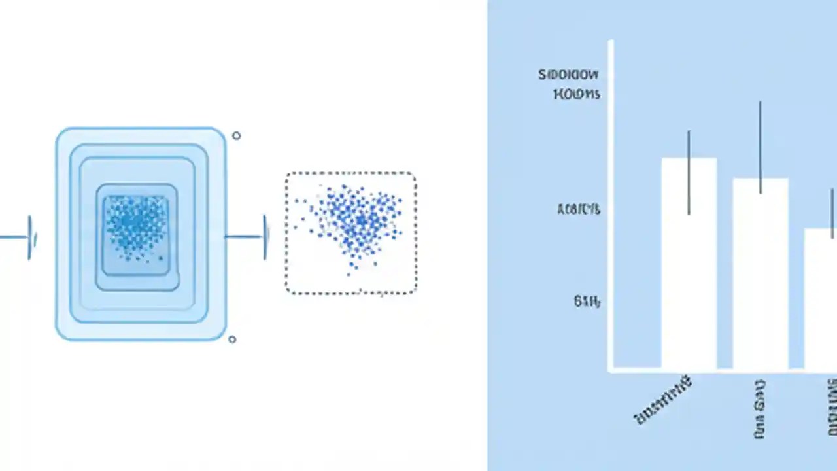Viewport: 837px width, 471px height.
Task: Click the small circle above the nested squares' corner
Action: (x=236, y=135)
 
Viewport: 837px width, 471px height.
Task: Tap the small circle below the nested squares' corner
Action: (x=231, y=339)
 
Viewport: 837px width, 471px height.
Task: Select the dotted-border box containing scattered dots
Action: (x=351, y=234)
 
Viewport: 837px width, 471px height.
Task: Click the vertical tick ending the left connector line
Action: (x=29, y=237)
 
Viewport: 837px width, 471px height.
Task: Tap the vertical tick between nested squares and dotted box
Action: (x=265, y=236)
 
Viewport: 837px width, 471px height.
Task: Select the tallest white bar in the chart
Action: (x=689, y=275)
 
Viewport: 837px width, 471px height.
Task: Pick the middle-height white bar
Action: (x=760, y=281)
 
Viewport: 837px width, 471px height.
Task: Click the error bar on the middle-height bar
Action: (x=760, y=147)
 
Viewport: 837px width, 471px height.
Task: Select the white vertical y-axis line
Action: (x=611, y=203)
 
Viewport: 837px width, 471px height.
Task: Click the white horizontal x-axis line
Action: (x=719, y=371)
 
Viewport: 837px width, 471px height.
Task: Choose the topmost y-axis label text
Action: (x=568, y=75)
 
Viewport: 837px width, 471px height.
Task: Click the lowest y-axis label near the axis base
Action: (x=587, y=302)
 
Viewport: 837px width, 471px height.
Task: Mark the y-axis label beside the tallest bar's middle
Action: (x=578, y=209)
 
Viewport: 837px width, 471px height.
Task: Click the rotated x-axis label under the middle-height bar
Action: (x=759, y=410)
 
